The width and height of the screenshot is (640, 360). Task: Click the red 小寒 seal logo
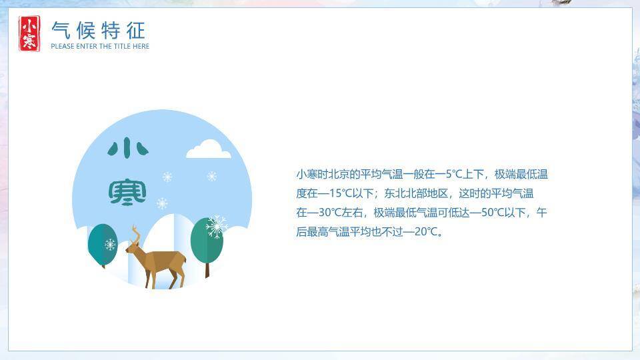coord(29,33)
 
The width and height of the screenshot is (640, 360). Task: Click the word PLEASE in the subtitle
coord(62,47)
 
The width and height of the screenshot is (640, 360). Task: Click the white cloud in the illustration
coord(209,149)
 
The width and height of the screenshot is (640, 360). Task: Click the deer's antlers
coord(136,234)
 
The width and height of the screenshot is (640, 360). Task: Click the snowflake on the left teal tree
coord(110,245)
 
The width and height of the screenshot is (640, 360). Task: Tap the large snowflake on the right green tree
coord(216,227)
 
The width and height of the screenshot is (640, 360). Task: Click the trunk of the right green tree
coord(207,269)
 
